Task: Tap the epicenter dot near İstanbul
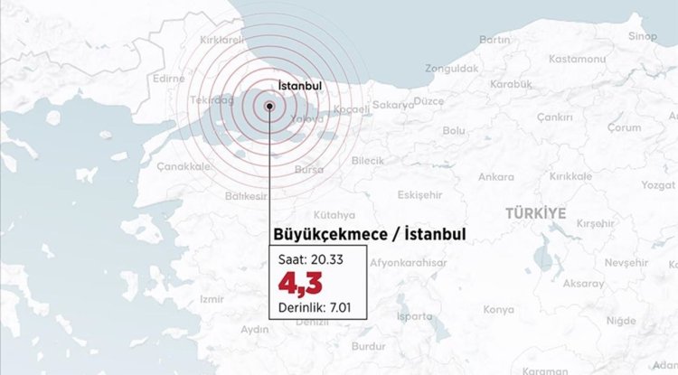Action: pyautogui.click(x=269, y=107)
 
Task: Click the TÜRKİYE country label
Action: pyautogui.click(x=535, y=212)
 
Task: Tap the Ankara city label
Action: pyautogui.click(x=495, y=176)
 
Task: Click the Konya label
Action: pyautogui.click(x=498, y=309)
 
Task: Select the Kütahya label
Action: pyautogui.click(x=334, y=215)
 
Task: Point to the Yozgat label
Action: pyautogui.click(x=657, y=184)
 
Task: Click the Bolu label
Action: pyautogui.click(x=454, y=130)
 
